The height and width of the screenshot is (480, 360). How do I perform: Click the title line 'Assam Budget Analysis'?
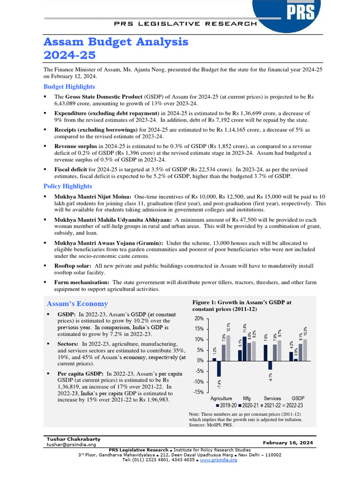point(116,42)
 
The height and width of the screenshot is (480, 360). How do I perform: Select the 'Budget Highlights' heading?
point(69,86)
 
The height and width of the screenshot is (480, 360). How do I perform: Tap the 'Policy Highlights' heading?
point(67,186)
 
